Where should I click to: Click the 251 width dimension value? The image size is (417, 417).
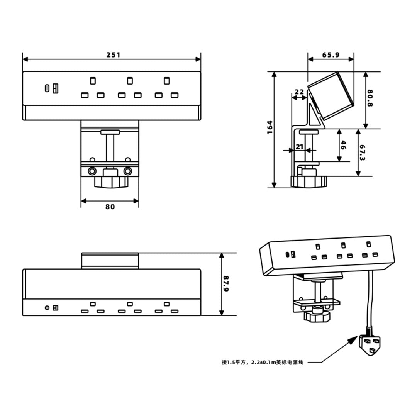click(x=114, y=55)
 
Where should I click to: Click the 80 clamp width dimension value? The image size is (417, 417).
click(x=110, y=207)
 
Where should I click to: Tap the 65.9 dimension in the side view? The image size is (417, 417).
click(x=331, y=55)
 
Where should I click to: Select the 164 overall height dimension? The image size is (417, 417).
click(x=270, y=127)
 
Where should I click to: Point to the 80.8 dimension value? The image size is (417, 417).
click(x=370, y=99)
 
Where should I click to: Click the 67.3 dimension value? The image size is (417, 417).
click(x=362, y=153)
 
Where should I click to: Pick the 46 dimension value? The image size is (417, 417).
click(x=343, y=145)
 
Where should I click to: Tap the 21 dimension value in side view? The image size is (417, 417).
click(x=300, y=147)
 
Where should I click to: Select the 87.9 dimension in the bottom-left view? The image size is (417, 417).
click(x=226, y=284)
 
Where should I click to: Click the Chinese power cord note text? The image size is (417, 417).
click(x=263, y=362)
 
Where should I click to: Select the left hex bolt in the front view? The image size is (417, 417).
click(x=92, y=171)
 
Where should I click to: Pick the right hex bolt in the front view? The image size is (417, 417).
click(x=127, y=171)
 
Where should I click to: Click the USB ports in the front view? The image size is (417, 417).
click(x=51, y=88)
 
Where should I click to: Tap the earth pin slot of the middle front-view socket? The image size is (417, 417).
click(x=129, y=81)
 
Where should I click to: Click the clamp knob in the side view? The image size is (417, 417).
click(x=309, y=181)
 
